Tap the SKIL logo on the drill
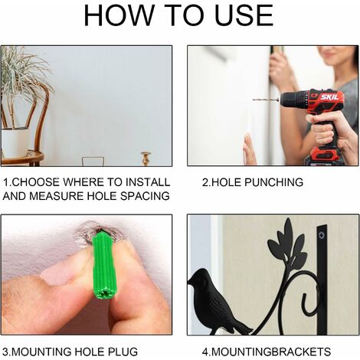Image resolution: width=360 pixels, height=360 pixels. click(329, 97)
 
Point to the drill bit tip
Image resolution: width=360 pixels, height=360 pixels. click(254, 100)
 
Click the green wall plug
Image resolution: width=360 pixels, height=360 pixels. click(103, 265)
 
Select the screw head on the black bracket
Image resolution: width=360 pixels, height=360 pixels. click(322, 234)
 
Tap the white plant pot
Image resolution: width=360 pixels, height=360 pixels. click(16, 142)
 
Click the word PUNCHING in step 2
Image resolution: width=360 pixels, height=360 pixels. click(274, 182)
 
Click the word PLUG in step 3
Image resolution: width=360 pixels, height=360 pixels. click(123, 352)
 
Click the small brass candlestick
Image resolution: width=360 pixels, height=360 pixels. click(146, 159)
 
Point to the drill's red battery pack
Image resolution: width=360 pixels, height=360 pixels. click(322, 156)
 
